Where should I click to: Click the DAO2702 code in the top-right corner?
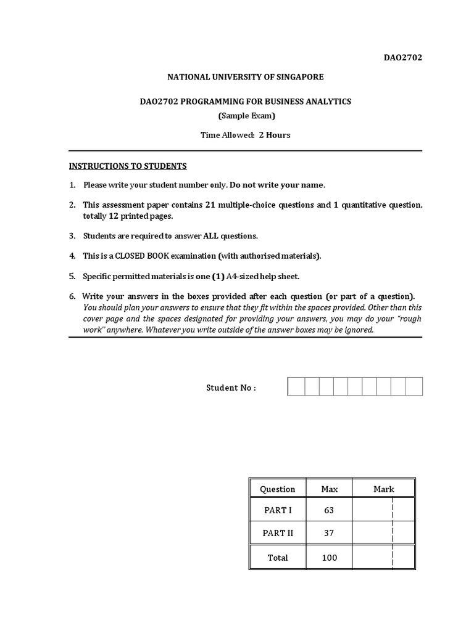click(404, 58)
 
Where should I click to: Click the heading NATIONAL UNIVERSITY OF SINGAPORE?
click(245, 77)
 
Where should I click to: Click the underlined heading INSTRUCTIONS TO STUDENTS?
click(127, 166)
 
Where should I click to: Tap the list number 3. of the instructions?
click(72, 235)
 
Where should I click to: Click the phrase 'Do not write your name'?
click(276, 185)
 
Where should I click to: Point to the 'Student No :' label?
click(230, 388)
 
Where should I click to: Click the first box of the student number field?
click(296, 387)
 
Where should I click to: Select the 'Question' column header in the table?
click(278, 489)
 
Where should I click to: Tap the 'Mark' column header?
click(383, 489)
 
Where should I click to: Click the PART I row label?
click(278, 510)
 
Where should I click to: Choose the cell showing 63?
click(329, 510)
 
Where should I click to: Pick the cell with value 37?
click(329, 533)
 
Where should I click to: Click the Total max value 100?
click(329, 558)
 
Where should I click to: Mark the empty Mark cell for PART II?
click(383, 533)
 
